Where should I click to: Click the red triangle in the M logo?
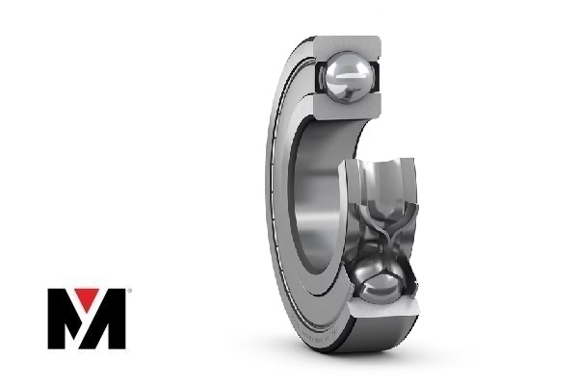tap(87, 298)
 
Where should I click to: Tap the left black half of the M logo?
tap(63, 319)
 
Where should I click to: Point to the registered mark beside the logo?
tap(128, 291)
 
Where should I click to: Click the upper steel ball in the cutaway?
tap(348, 78)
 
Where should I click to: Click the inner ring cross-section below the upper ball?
tap(347, 106)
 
